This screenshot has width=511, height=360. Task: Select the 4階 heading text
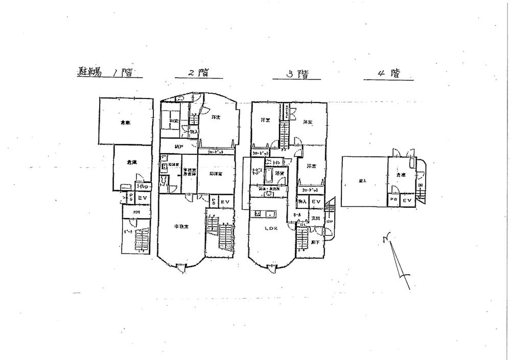(389, 73)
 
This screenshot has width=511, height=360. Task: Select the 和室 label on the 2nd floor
(174, 121)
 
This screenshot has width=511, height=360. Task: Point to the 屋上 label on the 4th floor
(362, 180)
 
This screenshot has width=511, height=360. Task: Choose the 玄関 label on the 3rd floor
(315, 219)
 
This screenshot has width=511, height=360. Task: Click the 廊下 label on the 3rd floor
(315, 242)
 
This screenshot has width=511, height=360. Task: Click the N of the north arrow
(386, 236)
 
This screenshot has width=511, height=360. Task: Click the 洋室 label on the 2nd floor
(216, 117)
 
